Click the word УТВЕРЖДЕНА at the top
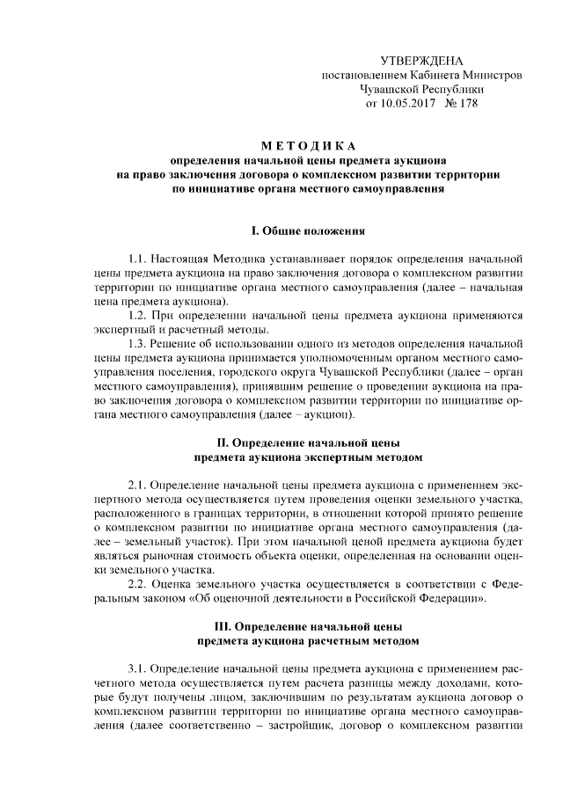pos(420,61)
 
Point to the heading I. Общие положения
pos(308,230)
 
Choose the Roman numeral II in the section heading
pos(222,443)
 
